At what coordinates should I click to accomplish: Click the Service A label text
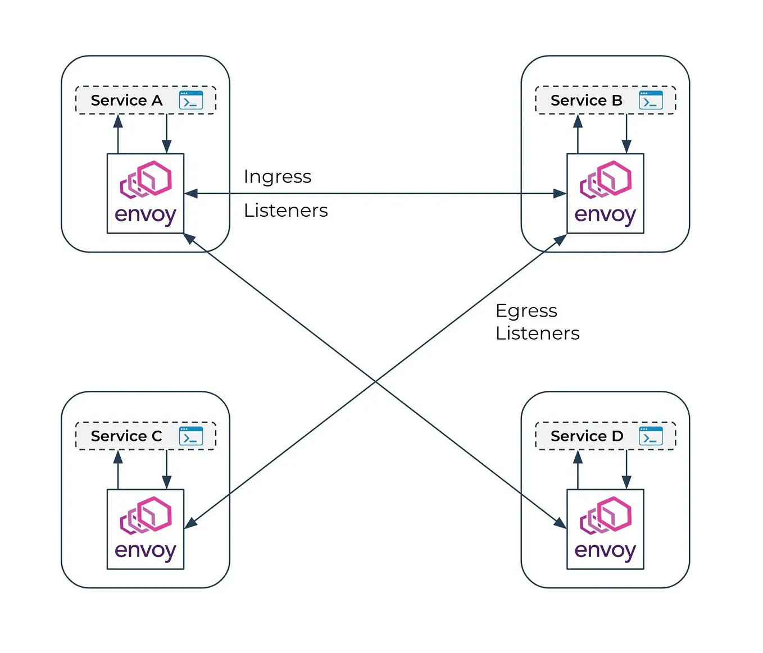(x=126, y=101)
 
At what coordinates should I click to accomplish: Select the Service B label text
(x=586, y=101)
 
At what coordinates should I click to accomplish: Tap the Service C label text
(x=126, y=436)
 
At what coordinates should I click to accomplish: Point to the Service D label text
(x=587, y=436)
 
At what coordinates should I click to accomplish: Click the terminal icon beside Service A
(x=191, y=100)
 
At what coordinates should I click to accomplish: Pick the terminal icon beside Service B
(x=651, y=100)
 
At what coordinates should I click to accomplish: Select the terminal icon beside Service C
(x=191, y=436)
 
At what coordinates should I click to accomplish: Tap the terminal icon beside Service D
(x=651, y=436)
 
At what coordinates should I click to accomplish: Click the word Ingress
(x=278, y=177)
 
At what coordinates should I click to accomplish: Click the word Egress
(x=526, y=312)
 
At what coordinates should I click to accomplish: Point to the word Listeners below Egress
(x=538, y=334)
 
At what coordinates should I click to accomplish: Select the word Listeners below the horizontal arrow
(x=286, y=211)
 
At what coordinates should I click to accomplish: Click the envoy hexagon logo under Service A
(x=146, y=180)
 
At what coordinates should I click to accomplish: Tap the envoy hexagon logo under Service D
(x=606, y=515)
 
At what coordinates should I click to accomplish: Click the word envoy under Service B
(x=605, y=215)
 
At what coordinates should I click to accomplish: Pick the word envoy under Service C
(x=146, y=551)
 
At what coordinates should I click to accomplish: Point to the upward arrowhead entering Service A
(x=118, y=121)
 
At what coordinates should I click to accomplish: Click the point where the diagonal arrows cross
(x=375, y=381)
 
